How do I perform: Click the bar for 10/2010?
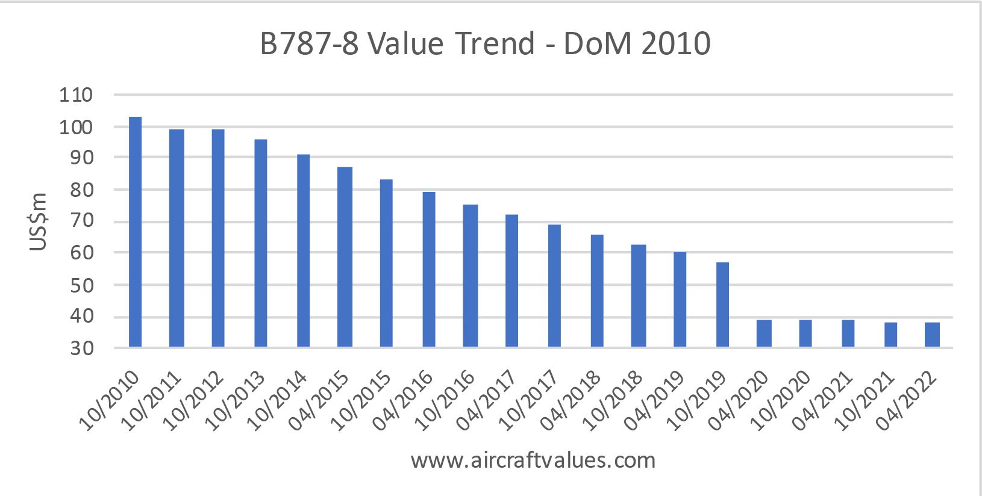pyautogui.click(x=135, y=232)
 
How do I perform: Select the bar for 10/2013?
pyautogui.click(x=261, y=243)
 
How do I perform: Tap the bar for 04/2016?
pyautogui.click(x=429, y=269)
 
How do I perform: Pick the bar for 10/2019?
pyautogui.click(x=722, y=305)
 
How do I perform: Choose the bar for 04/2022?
pyautogui.click(x=932, y=335)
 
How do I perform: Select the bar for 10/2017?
pyautogui.click(x=554, y=285)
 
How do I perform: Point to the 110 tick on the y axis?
pyautogui.click(x=75, y=95)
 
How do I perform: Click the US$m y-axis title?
pyautogui.click(x=38, y=222)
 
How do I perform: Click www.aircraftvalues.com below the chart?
pyautogui.click(x=533, y=460)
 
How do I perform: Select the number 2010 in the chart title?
pyautogui.click(x=676, y=43)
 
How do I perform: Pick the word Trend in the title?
pyautogui.click(x=495, y=43)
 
